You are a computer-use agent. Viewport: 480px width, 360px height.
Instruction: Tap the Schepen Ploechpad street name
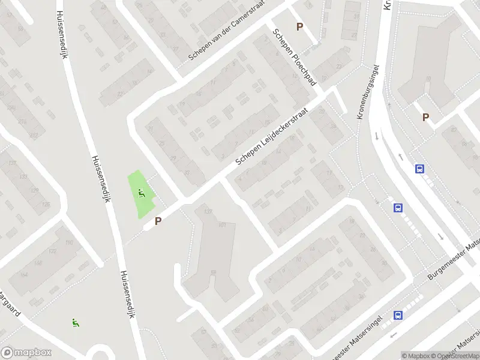(294, 58)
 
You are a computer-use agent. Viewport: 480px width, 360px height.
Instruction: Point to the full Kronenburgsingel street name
(369, 92)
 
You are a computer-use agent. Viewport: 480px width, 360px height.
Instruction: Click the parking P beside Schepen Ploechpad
(299, 26)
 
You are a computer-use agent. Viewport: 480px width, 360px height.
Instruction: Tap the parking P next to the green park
(158, 221)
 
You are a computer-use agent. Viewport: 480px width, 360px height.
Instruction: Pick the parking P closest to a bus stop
(425, 118)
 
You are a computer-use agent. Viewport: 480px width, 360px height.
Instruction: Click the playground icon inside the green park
(142, 193)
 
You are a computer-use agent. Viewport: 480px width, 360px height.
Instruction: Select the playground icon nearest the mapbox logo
(75, 322)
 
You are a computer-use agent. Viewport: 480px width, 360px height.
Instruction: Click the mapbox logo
(26, 353)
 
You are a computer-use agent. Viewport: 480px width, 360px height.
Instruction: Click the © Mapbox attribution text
(415, 356)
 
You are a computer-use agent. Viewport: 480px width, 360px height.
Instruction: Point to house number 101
(222, 226)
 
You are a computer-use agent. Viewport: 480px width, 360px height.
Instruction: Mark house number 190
(69, 242)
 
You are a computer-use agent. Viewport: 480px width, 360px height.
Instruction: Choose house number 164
(24, 274)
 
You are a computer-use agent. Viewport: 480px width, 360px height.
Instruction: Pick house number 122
(53, 251)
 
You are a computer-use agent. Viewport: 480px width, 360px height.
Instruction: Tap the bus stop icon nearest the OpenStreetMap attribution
(397, 315)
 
